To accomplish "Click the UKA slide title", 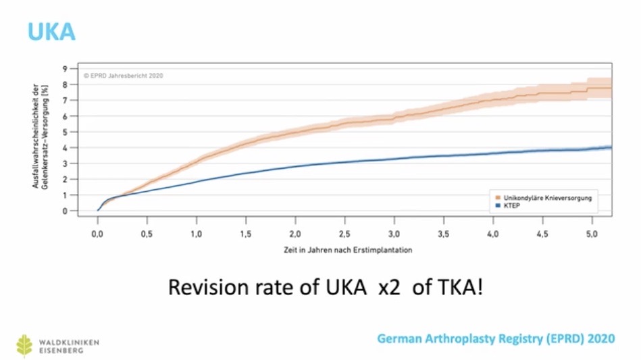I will [x=51, y=31].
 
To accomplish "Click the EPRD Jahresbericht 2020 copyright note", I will [x=124, y=76].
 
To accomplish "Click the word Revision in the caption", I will [x=203, y=287].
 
